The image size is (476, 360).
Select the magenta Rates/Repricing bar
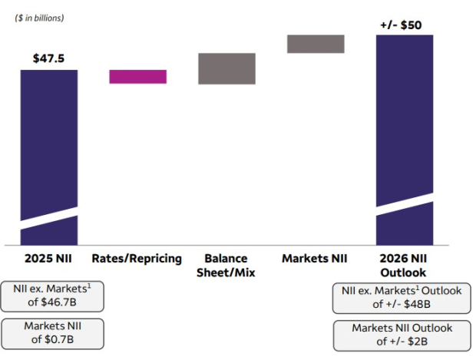[x=138, y=76]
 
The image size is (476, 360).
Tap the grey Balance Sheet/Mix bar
[x=227, y=68]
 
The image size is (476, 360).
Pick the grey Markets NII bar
[x=316, y=44]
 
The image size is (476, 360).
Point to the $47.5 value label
[x=49, y=58]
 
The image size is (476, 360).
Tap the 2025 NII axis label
[x=49, y=258]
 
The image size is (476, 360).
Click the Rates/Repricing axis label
[x=138, y=258]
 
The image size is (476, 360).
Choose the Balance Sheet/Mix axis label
[x=227, y=265]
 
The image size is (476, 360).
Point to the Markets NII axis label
[x=316, y=258]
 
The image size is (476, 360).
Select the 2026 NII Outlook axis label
[x=405, y=265]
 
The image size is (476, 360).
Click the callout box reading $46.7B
[x=52, y=296]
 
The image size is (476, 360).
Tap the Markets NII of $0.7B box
[x=52, y=333]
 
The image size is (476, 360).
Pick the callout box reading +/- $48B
[x=402, y=297]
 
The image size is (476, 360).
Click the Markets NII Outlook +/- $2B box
[x=402, y=335]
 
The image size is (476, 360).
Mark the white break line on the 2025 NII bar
[x=49, y=218]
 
